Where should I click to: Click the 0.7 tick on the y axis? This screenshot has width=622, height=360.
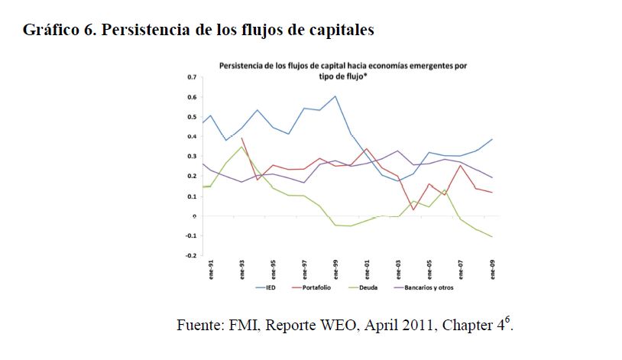pos(192,77)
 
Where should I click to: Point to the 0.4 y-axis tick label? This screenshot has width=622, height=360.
pos(192,137)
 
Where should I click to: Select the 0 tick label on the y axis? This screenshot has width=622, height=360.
pos(194,216)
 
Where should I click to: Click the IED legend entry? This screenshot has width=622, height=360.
pos(271,288)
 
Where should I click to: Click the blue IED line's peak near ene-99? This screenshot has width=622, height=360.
pos(335,96)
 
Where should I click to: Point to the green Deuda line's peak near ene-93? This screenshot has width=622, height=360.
pos(241,147)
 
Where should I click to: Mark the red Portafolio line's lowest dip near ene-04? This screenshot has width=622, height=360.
pos(413,209)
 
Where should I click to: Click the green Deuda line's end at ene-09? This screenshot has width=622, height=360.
pos(491,237)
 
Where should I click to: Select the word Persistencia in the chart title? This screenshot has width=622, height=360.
pos(242,66)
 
